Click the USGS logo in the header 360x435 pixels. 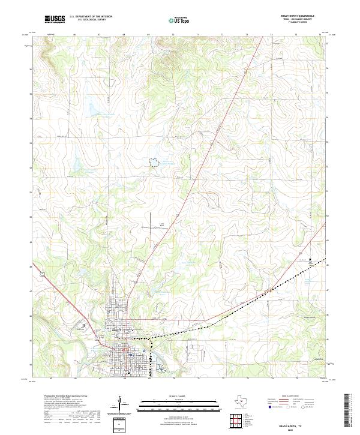(55, 20)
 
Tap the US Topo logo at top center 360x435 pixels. (181, 20)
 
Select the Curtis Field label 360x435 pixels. (161, 225)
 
